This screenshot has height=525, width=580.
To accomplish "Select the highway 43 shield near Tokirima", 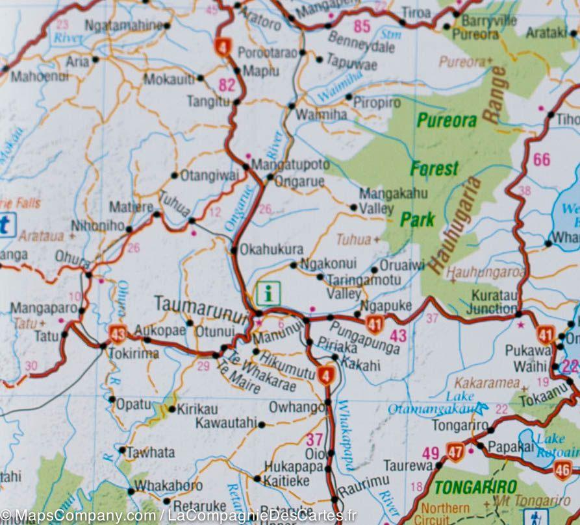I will click(118, 334).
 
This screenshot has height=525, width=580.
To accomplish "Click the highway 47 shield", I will click(455, 452).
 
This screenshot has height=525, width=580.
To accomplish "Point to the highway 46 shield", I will click(562, 470).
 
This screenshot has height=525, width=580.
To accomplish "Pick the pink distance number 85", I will click(362, 27).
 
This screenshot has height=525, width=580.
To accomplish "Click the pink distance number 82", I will click(227, 85).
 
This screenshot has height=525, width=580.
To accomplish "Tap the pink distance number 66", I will click(541, 159).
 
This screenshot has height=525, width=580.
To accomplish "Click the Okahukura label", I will click(271, 249).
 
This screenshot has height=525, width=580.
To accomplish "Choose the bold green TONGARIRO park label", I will click(475, 487).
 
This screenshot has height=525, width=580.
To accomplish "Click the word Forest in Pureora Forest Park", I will click(434, 169).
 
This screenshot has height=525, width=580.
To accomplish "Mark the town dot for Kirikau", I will click(172, 409).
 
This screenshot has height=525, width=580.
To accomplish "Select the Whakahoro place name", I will click(168, 486).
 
